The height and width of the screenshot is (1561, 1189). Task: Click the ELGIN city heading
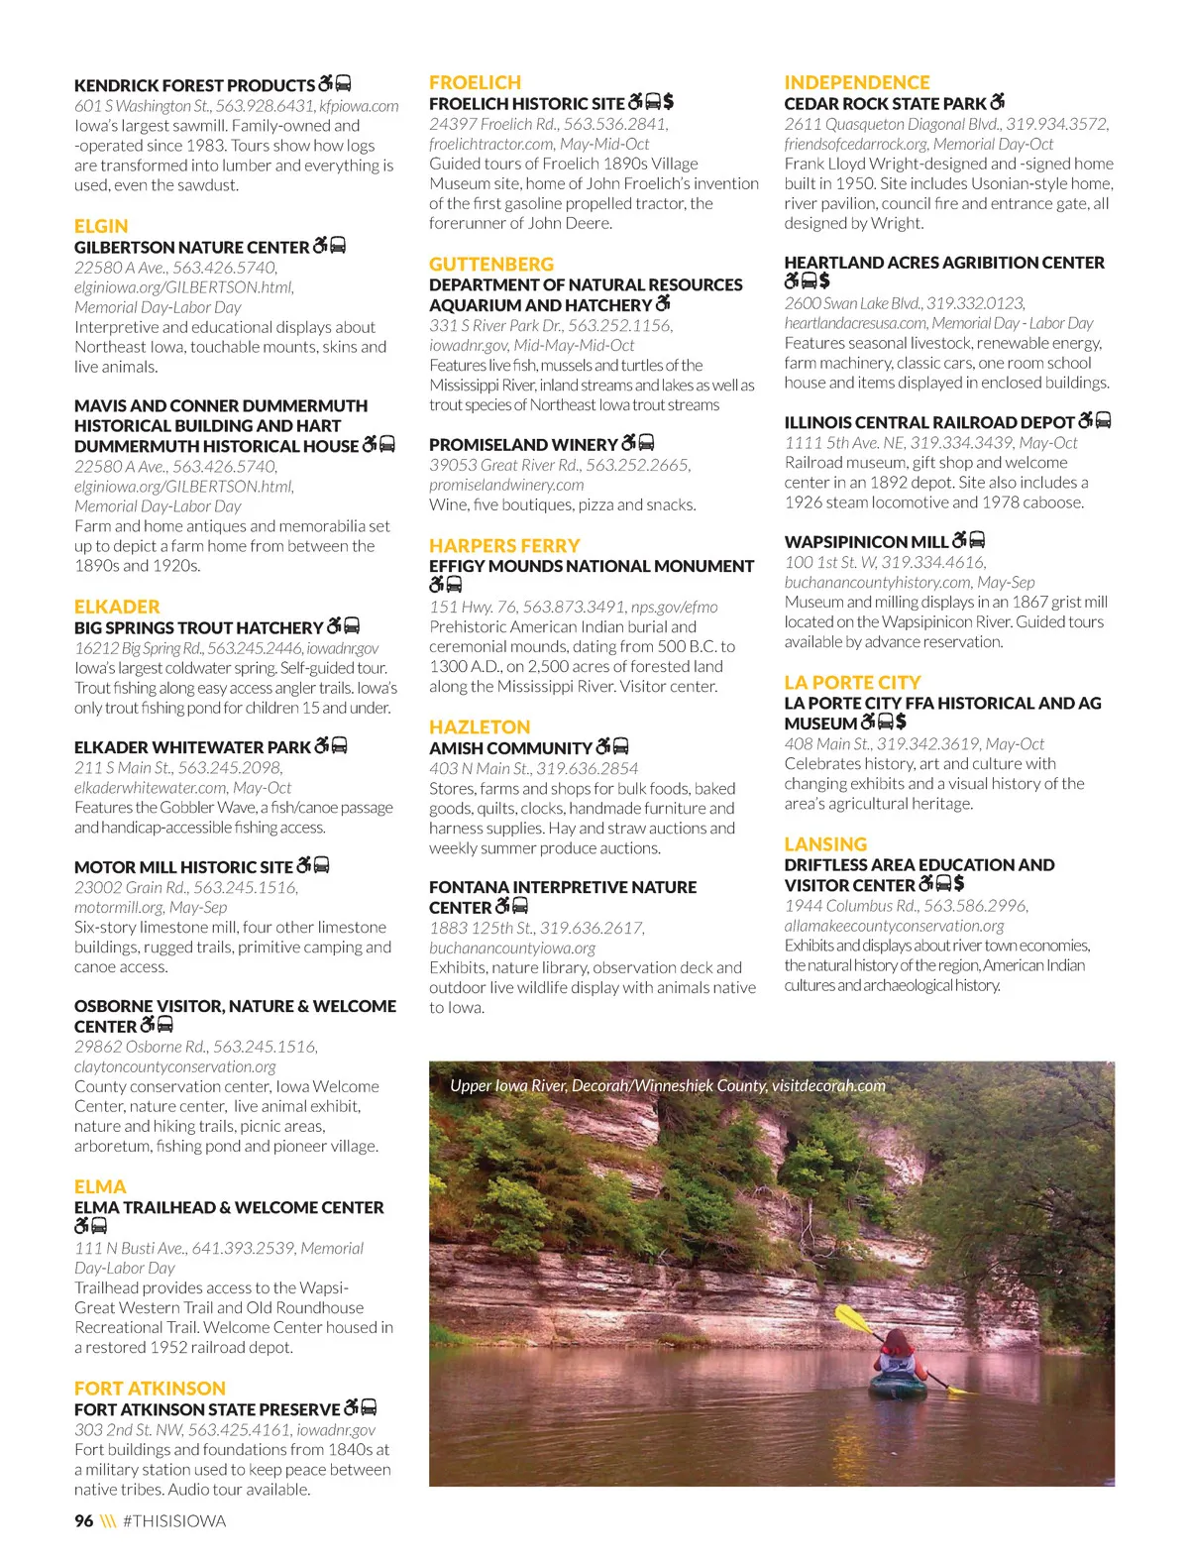click(x=101, y=226)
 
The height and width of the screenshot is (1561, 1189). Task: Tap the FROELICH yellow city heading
click(x=475, y=82)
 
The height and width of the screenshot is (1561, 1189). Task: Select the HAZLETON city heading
click(x=480, y=726)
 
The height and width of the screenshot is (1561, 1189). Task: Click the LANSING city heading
click(x=825, y=844)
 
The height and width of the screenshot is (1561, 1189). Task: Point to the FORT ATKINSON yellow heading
click(x=150, y=1389)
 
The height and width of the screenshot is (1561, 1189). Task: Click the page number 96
click(x=84, y=1521)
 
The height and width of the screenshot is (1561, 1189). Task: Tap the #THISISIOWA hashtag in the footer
click(x=174, y=1521)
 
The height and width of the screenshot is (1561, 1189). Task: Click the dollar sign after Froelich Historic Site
click(x=669, y=102)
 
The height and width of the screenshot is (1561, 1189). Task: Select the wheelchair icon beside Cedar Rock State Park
click(x=997, y=102)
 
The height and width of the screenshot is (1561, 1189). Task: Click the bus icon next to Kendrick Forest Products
click(x=344, y=84)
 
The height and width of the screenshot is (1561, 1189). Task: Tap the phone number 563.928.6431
click(x=263, y=106)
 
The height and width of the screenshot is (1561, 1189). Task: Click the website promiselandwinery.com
click(x=506, y=485)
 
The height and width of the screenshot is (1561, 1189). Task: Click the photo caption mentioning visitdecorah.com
click(x=668, y=1085)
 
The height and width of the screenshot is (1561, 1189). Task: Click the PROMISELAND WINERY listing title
click(x=523, y=444)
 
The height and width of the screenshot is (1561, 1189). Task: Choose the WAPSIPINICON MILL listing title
click(x=866, y=541)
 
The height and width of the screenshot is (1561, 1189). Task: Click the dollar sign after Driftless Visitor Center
click(x=959, y=883)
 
